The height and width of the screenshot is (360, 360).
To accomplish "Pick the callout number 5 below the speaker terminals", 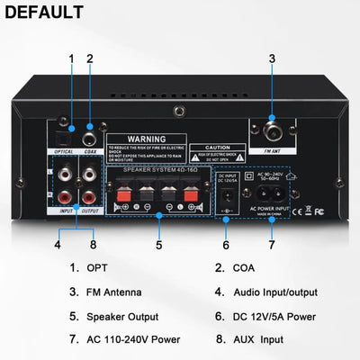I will tap(158, 243).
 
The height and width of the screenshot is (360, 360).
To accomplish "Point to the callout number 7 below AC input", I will tap(272, 243).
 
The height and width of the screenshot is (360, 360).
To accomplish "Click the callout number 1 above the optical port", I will tap(71, 59).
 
